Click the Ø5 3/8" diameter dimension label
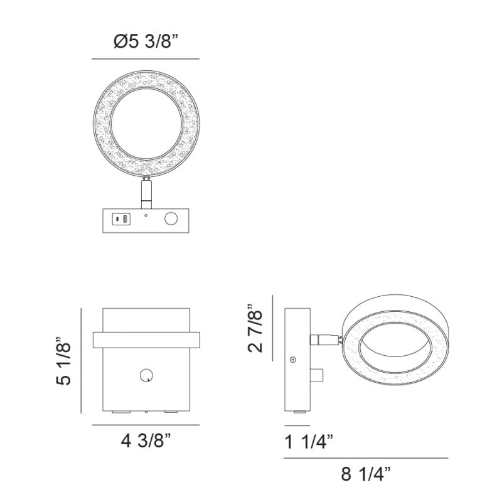pyautogui.click(x=146, y=41)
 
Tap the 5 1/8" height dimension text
pyautogui.click(x=63, y=361)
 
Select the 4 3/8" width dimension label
pyautogui.click(x=146, y=441)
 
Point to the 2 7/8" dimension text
pyautogui.click(x=255, y=328)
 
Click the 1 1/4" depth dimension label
pyautogui.click(x=309, y=442)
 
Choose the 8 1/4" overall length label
pyautogui.click(x=366, y=474)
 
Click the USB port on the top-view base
pyautogui.click(x=121, y=219)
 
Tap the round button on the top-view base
pyautogui.click(x=171, y=219)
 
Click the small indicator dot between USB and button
pyautogui.click(x=146, y=215)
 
